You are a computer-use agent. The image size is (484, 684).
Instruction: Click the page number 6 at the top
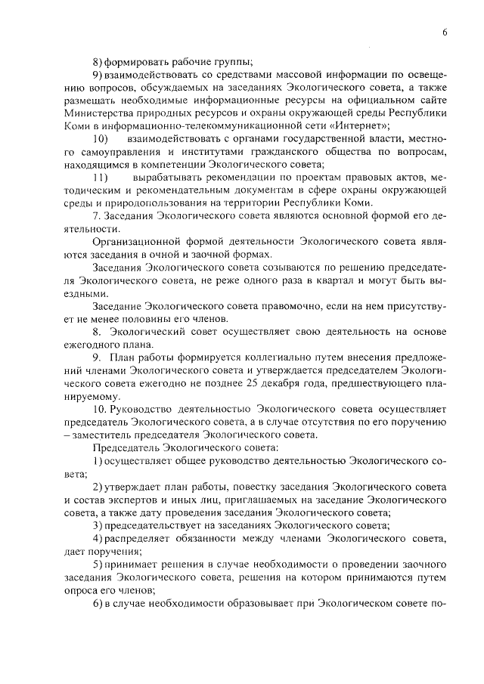point(445,32)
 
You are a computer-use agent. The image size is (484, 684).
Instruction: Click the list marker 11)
point(101,177)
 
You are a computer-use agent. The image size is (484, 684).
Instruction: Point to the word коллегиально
point(251,357)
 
